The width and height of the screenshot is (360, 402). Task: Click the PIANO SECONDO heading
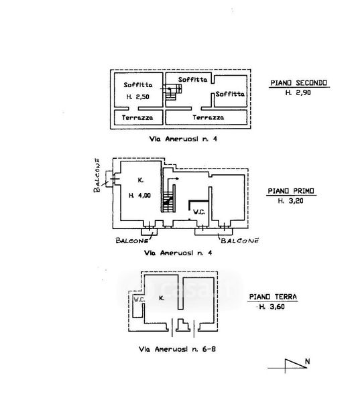(299, 83)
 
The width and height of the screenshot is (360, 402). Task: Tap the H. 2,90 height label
(298, 92)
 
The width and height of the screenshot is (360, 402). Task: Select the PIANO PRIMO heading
(291, 191)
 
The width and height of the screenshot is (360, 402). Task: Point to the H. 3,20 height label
(290, 201)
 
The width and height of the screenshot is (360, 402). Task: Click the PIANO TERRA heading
(273, 297)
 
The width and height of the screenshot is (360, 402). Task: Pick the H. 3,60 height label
(272, 306)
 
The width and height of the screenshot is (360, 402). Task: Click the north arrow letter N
(308, 362)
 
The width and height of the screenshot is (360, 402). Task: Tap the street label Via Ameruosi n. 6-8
(177, 349)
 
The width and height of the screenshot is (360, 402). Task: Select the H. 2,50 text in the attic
(138, 97)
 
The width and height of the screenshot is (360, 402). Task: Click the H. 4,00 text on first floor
(139, 196)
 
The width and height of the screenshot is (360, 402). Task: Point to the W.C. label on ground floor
(139, 299)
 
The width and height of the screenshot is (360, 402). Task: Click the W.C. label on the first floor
(199, 212)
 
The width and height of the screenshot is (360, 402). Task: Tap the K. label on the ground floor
(162, 298)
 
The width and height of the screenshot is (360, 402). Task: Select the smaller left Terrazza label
(137, 118)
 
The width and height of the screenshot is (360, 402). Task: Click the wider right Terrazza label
(208, 117)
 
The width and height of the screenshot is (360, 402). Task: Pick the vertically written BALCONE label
(97, 176)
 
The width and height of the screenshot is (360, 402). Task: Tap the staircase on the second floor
(172, 92)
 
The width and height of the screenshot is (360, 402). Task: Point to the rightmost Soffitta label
(230, 94)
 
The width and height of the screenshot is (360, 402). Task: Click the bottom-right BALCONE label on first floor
(240, 241)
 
